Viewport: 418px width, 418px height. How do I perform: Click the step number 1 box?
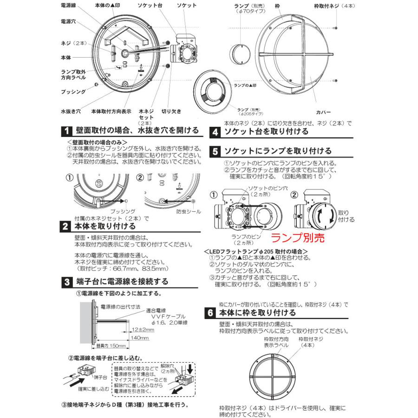[x=67, y=131]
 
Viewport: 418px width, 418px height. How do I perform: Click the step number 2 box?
[x=67, y=227]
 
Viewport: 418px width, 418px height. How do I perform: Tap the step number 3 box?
[x=67, y=281]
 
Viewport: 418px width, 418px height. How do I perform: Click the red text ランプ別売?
[x=297, y=238]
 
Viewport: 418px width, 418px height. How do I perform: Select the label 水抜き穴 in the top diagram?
[x=71, y=111]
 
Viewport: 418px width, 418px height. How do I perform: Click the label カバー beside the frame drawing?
[x=323, y=112]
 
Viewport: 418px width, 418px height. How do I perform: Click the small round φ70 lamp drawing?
[x=242, y=54]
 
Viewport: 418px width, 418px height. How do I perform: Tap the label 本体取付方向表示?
[x=111, y=111]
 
